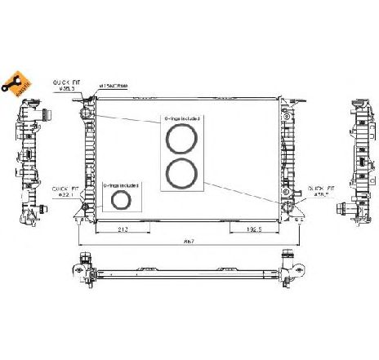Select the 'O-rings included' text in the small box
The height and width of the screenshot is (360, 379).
coord(122,185)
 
